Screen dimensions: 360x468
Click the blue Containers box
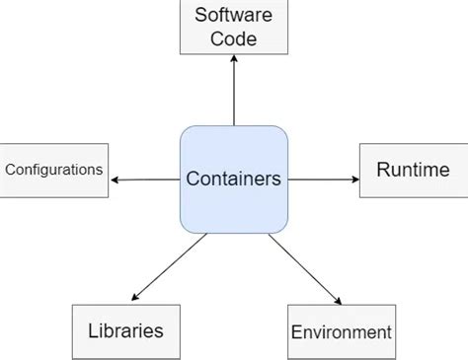[x=233, y=180]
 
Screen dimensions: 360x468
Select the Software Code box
[x=233, y=28]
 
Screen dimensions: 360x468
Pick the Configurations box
[x=54, y=170]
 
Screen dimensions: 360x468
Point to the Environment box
[x=341, y=331]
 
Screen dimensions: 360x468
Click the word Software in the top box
[x=233, y=15]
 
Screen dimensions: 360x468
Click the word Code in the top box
[x=233, y=39]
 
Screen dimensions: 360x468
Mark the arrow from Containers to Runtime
[x=324, y=180]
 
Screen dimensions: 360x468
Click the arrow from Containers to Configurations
[x=146, y=180]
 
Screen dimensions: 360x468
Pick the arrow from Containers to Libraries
[x=170, y=265]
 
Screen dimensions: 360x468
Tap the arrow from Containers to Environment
[x=304, y=268]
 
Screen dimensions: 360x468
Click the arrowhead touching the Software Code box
[x=233, y=59]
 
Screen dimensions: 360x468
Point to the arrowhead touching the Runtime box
[x=354, y=180]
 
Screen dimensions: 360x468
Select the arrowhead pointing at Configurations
[x=116, y=180]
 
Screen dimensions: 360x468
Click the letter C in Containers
[x=192, y=180]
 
